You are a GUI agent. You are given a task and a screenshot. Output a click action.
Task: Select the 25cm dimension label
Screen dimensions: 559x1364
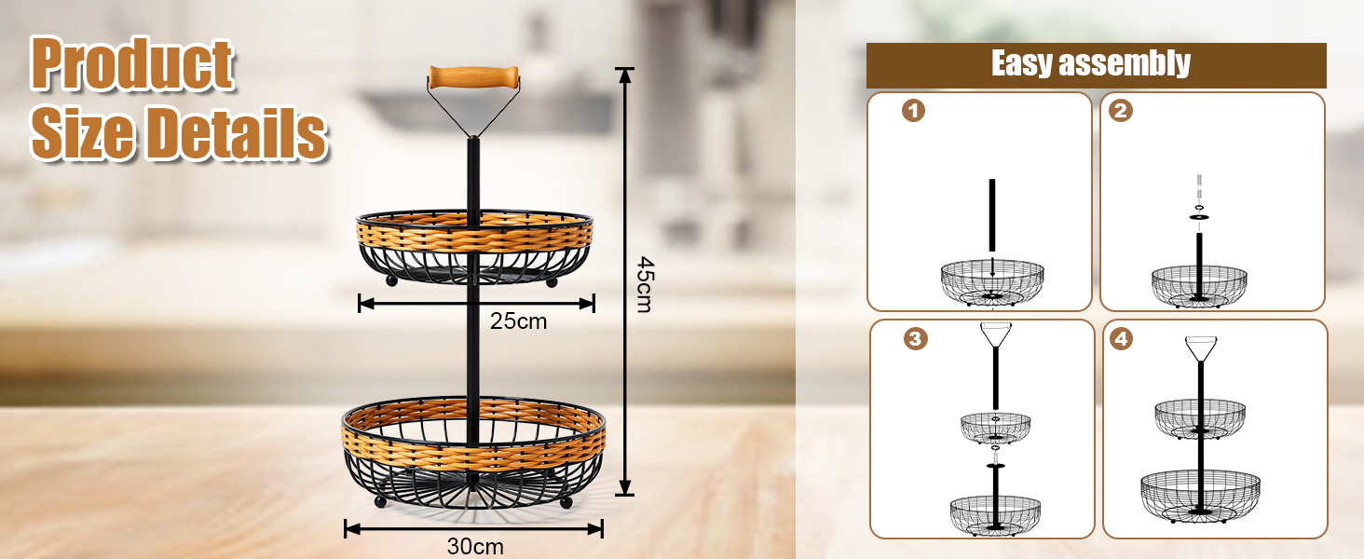pos(519,321)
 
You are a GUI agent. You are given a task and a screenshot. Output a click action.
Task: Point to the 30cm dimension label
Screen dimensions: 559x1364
pos(475,546)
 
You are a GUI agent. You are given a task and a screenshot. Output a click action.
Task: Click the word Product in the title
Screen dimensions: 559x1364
pos(132,65)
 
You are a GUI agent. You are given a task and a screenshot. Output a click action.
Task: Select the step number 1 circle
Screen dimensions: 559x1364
pos(914,112)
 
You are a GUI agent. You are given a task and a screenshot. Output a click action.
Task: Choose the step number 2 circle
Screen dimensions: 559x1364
pos(1121,112)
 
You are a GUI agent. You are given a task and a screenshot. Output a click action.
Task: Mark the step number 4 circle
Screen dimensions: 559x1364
pos(1122,339)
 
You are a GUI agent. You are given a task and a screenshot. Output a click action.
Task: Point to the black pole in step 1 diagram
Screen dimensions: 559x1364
pos(993,214)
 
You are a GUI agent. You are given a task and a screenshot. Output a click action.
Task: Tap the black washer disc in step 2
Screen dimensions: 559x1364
pos(1200,218)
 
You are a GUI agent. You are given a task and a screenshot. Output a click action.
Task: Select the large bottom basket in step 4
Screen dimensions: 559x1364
pos(1200,494)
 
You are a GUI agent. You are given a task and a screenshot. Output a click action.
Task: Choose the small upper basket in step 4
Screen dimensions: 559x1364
pos(1200,417)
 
